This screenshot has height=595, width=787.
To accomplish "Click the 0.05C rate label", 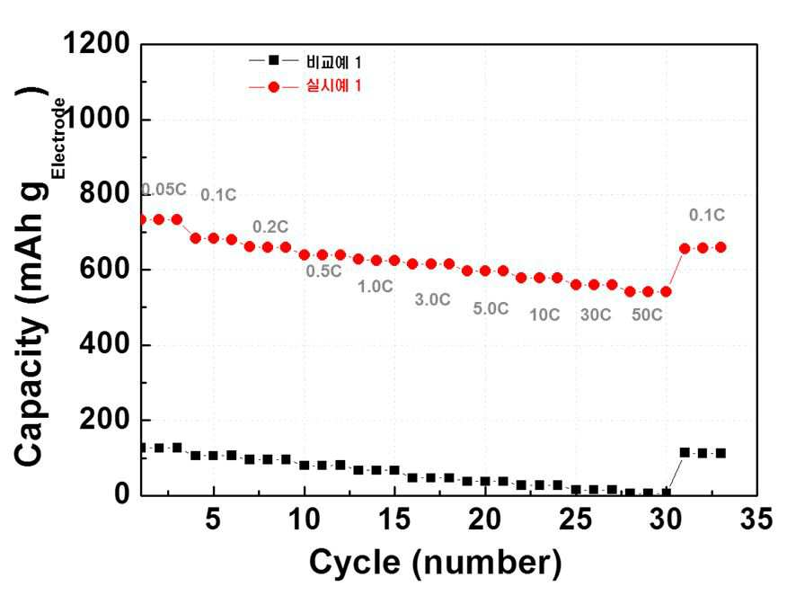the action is (164, 190).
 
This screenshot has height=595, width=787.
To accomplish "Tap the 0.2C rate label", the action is (270, 227).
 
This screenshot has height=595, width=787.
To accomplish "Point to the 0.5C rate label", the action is (323, 271).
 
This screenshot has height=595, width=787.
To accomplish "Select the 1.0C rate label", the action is (375, 287).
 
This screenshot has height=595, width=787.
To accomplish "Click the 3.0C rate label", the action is (433, 300).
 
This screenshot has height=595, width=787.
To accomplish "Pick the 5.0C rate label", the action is (491, 308).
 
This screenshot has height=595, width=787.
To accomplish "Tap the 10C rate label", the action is (544, 315).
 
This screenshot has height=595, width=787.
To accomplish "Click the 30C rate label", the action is (596, 315).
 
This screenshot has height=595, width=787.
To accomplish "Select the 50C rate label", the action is (647, 315).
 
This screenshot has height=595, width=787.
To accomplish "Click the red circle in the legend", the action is (273, 87).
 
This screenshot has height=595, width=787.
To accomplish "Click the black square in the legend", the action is (273, 61).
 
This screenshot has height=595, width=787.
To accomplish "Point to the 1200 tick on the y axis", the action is (96, 43).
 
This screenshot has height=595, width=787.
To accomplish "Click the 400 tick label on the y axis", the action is (105, 344).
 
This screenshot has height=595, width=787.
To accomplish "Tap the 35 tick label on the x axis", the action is (756, 519).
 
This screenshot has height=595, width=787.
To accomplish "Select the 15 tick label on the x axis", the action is (394, 519).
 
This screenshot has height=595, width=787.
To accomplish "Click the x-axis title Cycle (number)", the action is (435, 563).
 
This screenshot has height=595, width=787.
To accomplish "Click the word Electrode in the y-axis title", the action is (57, 138).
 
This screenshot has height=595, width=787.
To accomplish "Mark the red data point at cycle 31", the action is (685, 249).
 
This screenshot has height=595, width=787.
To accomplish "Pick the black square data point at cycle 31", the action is (685, 452).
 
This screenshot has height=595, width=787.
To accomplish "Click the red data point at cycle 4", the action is (195, 238).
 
